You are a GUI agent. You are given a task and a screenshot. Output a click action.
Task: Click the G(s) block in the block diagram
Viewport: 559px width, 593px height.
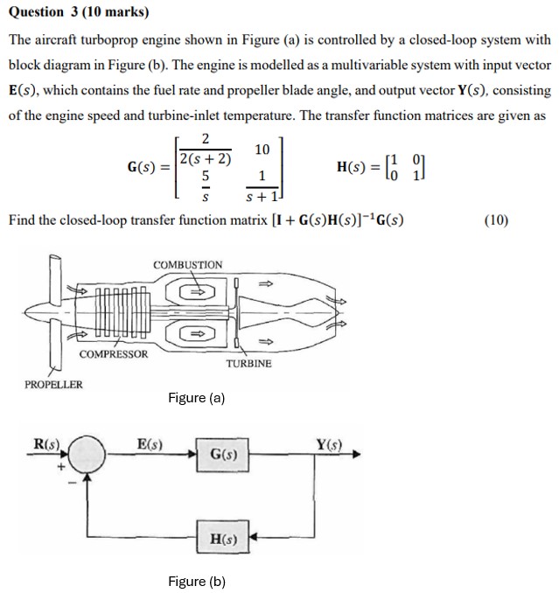pyautogui.click(x=224, y=455)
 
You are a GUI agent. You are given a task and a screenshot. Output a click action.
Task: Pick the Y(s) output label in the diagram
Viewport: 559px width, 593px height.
pyautogui.click(x=331, y=443)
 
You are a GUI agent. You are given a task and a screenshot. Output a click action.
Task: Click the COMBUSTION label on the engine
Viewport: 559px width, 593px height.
pyautogui.click(x=187, y=264)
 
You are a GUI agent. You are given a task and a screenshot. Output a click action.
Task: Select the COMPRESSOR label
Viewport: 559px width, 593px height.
pyautogui.click(x=114, y=354)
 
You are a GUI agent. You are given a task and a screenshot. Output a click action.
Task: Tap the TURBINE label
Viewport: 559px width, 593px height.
pyautogui.click(x=248, y=363)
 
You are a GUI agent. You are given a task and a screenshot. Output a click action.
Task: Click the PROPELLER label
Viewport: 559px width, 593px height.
pyautogui.click(x=53, y=384)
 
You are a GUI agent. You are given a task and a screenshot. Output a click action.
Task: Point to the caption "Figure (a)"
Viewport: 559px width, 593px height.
pyautogui.click(x=196, y=399)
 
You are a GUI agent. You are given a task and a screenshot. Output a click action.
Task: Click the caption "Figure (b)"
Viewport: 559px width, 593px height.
pyautogui.click(x=196, y=582)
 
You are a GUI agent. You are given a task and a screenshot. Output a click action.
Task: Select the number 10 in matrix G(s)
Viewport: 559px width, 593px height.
pyautogui.click(x=261, y=150)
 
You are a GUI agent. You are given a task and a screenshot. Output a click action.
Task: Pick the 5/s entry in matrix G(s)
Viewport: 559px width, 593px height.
pyautogui.click(x=205, y=183)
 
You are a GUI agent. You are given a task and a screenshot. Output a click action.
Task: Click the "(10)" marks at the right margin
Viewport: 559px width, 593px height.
pyautogui.click(x=495, y=220)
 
